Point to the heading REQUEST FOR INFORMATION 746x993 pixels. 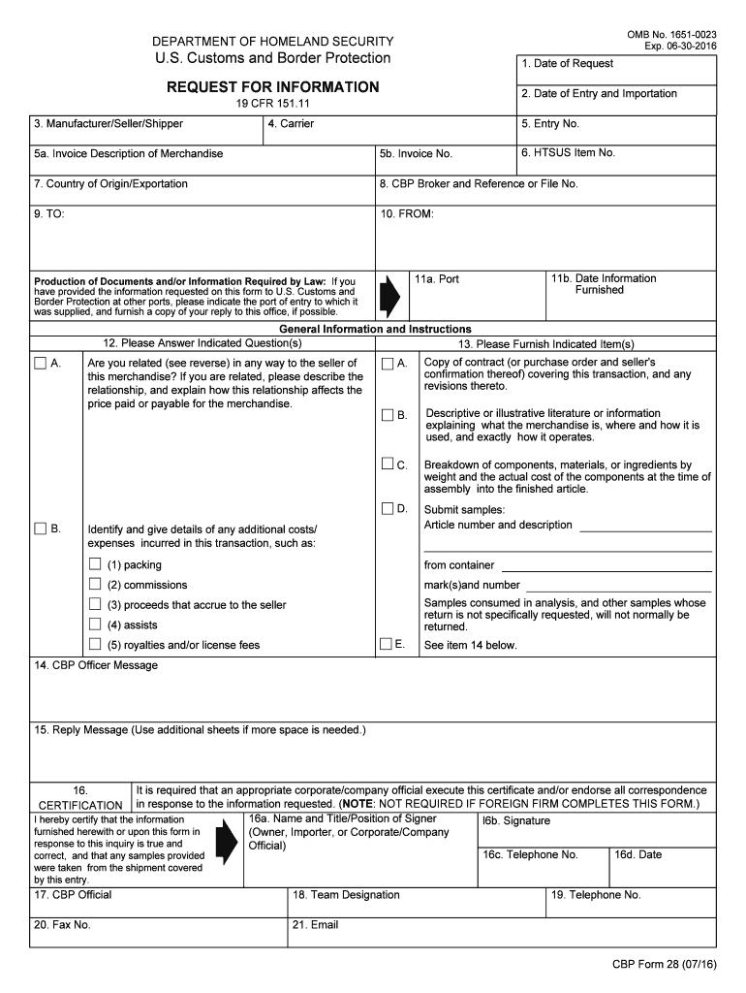tap(273, 87)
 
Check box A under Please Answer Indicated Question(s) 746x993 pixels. tap(40, 364)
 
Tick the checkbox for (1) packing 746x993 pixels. tap(95, 564)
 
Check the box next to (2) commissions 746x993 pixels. tap(95, 585)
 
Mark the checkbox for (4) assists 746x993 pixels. tap(95, 625)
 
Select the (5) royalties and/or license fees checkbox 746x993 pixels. tap(95, 645)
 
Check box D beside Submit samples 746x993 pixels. tap(388, 509)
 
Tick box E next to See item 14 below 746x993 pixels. tap(388, 644)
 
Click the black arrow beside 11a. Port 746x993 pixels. tap(389, 296)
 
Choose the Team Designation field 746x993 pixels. tap(417, 905)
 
